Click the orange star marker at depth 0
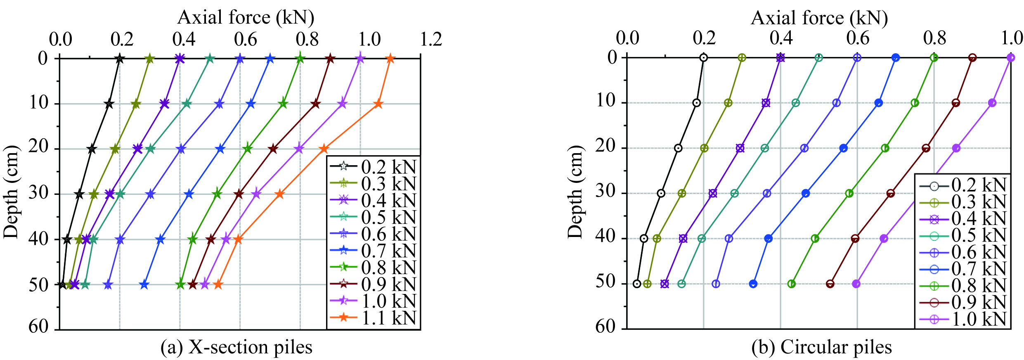coord(390,59)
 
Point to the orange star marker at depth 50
coord(218,284)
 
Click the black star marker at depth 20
coord(92,149)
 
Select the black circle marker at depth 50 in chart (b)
coord(637,284)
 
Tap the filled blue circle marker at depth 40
coord(768,238)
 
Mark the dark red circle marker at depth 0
coord(972,58)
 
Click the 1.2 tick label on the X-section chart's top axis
coord(431,40)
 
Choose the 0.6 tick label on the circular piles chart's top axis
coord(857,38)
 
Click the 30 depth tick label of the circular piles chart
coord(606,192)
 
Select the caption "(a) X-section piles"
coord(236,347)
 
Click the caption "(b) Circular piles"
coord(821,347)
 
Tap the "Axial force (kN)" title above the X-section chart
coord(246,17)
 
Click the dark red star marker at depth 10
coord(316,104)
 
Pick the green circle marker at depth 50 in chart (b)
coord(791,284)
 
